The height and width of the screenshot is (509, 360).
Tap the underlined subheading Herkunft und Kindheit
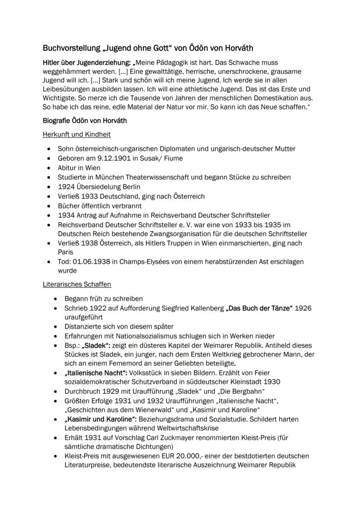[x=77, y=135]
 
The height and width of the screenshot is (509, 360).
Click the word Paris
[x=66, y=252]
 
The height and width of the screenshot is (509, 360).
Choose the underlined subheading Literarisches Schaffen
[x=77, y=285]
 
